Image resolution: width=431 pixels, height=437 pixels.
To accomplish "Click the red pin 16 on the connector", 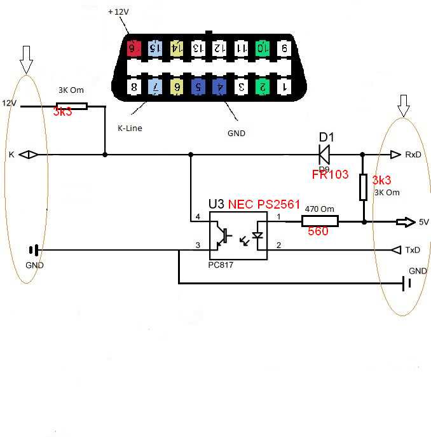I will (133, 48).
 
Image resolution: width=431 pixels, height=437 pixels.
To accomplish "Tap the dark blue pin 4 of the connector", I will (219, 87).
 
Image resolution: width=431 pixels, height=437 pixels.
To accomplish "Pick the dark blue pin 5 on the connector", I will (198, 87).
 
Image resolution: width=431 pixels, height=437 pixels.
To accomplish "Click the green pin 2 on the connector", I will (261, 86).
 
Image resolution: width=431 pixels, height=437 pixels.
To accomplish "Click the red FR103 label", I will (330, 174).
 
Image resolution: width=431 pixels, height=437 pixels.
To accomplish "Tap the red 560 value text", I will (318, 232).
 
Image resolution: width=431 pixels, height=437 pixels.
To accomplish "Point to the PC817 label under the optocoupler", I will (221, 265).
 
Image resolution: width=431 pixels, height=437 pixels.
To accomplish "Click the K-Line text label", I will (130, 128).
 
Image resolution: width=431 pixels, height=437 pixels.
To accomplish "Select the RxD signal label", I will (413, 155).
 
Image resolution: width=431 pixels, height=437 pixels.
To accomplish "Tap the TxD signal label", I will (413, 250).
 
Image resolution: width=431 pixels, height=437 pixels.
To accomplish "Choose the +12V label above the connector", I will (118, 12).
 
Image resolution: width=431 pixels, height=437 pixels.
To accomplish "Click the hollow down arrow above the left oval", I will (26, 60).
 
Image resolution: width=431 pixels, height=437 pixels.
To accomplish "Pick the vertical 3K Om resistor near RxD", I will (364, 188).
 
